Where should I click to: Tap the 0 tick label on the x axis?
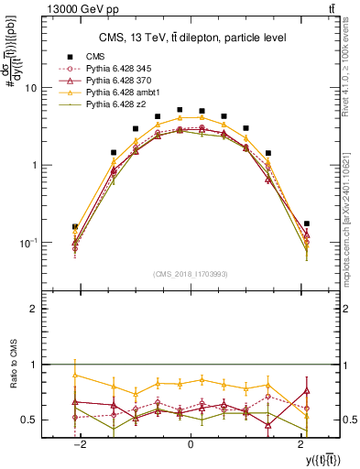click(x=190, y=443)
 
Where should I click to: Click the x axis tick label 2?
click(x=300, y=443)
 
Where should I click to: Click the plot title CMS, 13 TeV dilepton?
click(x=192, y=38)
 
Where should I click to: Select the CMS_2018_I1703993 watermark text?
click(x=190, y=273)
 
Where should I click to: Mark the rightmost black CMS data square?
click(x=307, y=224)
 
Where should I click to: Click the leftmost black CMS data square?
click(x=74, y=226)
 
